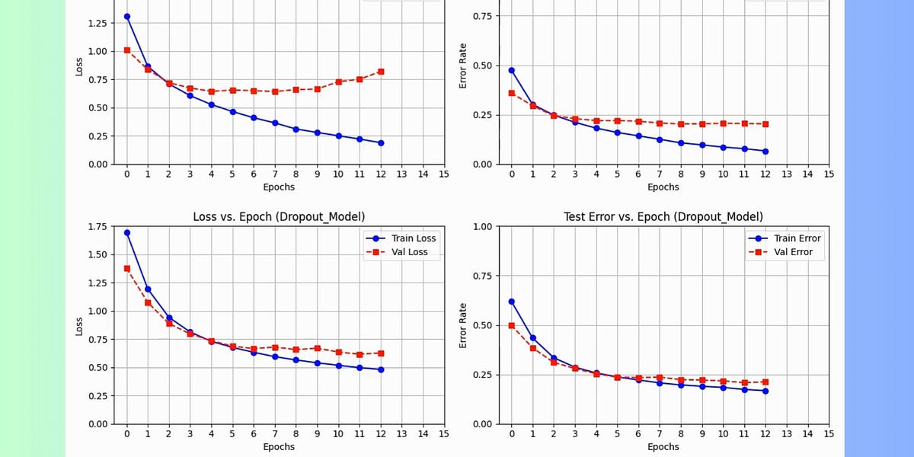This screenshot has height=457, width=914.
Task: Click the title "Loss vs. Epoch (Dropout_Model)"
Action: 279,217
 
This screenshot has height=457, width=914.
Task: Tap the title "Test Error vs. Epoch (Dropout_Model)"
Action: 663,217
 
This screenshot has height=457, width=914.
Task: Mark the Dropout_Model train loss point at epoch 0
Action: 126,232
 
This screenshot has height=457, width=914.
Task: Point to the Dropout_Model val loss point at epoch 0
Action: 126,268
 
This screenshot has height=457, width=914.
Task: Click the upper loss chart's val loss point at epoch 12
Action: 380,72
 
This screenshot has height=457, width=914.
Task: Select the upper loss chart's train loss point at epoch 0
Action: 126,16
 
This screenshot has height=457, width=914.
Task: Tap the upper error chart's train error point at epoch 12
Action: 765,151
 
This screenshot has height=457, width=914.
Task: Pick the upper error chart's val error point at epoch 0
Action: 512,93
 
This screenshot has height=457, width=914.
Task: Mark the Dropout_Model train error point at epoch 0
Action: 512,302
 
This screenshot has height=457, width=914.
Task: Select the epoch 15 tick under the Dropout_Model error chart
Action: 829,434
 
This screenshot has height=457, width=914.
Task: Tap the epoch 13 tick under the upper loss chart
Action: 401,174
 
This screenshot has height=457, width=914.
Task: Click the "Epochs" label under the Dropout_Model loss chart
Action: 279,447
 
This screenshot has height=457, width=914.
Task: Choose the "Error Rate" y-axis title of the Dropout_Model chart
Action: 462,325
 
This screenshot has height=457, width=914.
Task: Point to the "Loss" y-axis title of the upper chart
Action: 78,66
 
